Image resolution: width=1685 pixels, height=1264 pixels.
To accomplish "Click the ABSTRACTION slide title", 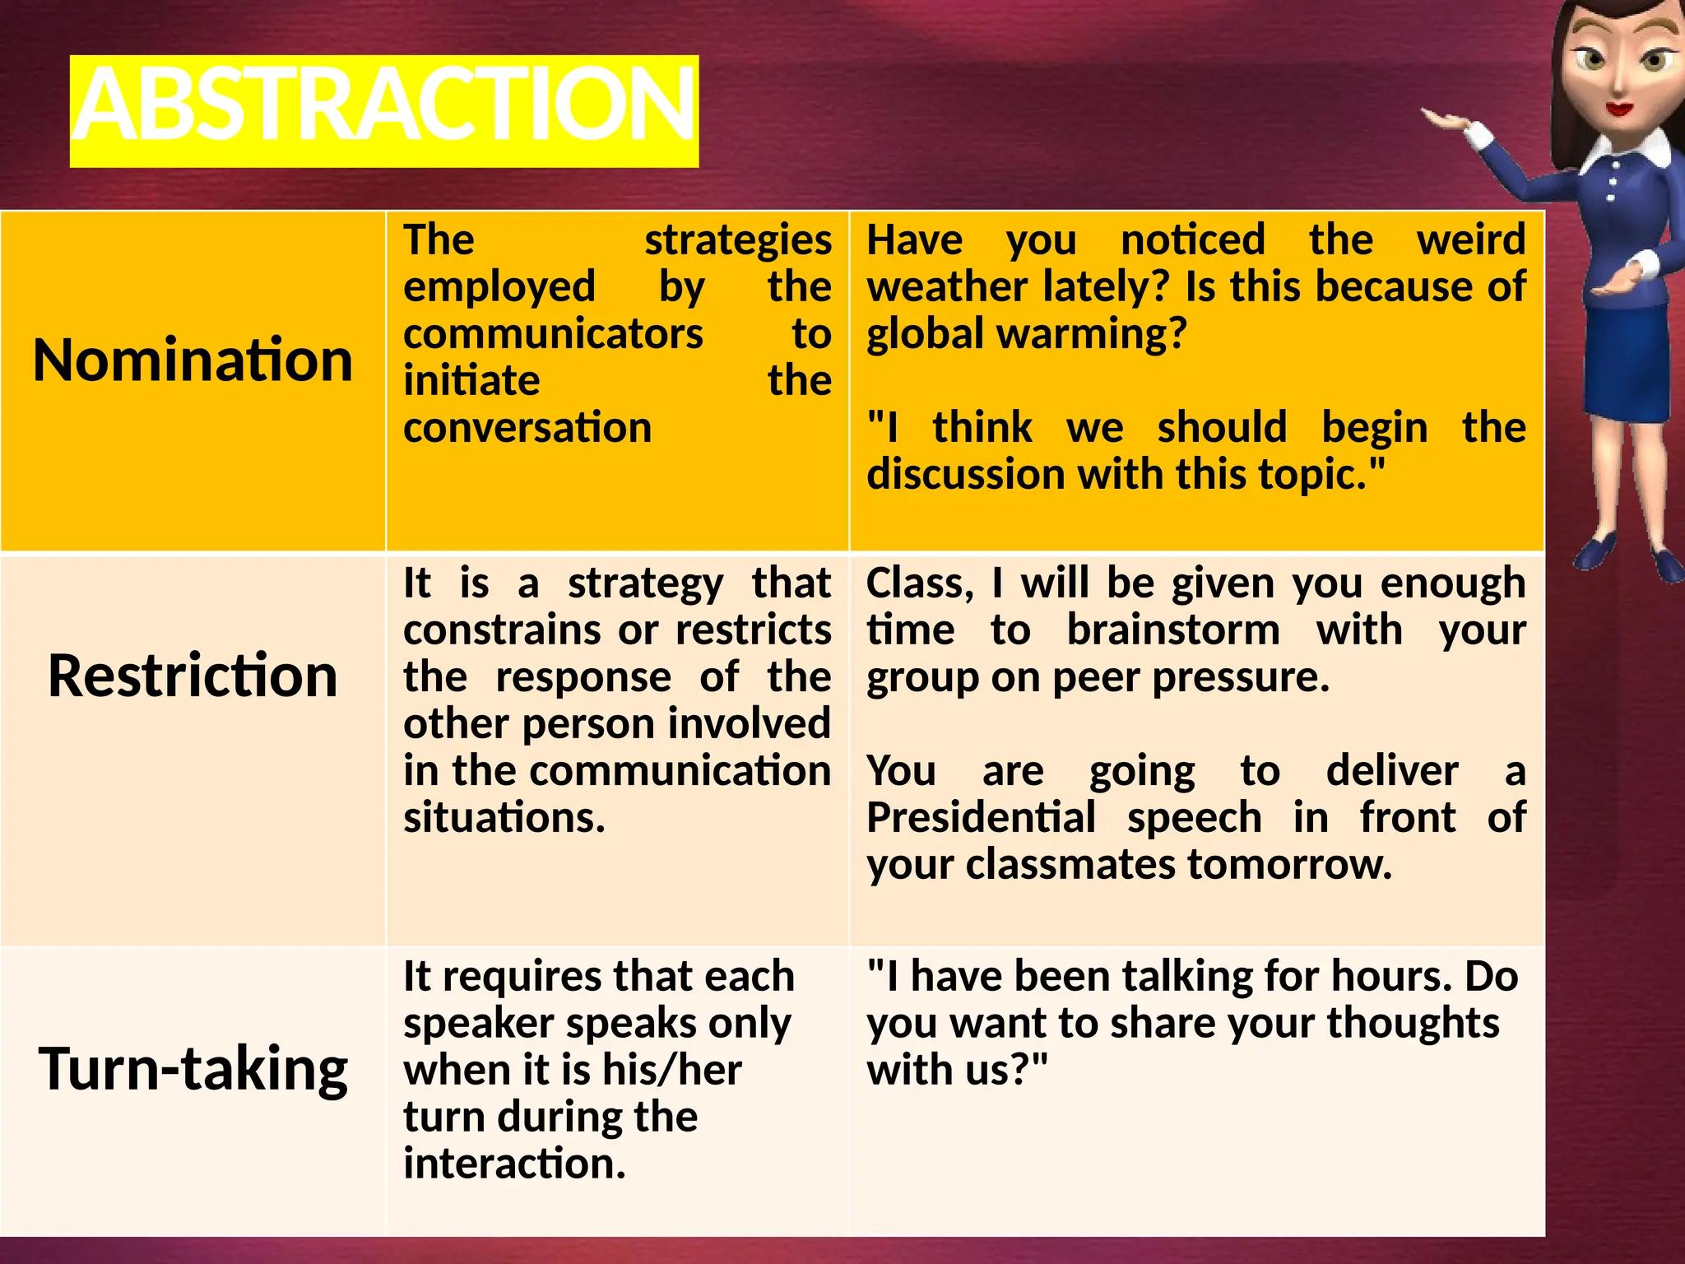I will [x=384, y=109].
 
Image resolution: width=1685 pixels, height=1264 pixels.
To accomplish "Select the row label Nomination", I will [x=193, y=360].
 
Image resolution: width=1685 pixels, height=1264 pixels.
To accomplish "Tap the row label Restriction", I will [x=193, y=676].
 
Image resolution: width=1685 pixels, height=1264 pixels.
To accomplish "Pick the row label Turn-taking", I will [x=193, y=1068].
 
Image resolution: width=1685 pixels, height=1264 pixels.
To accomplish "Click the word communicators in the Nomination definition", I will [x=553, y=334].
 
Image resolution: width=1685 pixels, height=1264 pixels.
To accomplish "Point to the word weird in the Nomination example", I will [x=1471, y=240].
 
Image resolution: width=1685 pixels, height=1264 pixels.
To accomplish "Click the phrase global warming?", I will [x=1027, y=334].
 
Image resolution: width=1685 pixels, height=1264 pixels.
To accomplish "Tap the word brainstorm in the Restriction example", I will [x=1173, y=630].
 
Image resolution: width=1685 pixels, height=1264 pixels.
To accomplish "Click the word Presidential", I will [x=981, y=818].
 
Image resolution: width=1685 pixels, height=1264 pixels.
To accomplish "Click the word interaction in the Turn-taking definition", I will [x=513, y=1164].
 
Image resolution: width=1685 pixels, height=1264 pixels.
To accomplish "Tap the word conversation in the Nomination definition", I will [x=527, y=428].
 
